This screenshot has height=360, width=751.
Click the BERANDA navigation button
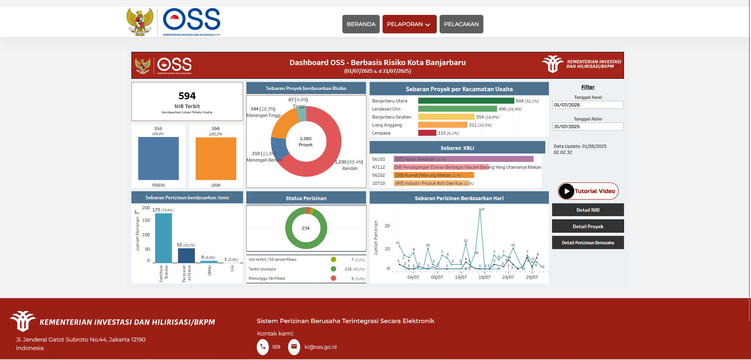361,24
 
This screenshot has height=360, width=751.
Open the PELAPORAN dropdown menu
409,24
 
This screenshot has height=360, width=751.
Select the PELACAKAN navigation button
461,24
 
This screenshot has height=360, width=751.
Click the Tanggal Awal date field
587,105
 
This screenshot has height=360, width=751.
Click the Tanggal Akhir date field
587,127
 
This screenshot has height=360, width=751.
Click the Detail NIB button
587,210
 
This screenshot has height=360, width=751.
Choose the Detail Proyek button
587,226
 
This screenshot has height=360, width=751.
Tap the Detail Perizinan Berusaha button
587,243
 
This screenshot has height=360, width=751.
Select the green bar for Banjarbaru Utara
466,101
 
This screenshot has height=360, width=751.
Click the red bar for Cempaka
427,133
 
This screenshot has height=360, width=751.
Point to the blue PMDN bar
158,159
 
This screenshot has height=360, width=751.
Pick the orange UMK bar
216,159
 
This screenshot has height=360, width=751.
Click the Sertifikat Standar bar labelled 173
163,238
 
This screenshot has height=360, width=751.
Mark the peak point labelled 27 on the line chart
480,209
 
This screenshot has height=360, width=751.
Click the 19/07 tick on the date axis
484,277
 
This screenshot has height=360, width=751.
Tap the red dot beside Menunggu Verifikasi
334,278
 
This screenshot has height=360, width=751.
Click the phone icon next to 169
263,347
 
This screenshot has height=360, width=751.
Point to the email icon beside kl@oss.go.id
294,347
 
